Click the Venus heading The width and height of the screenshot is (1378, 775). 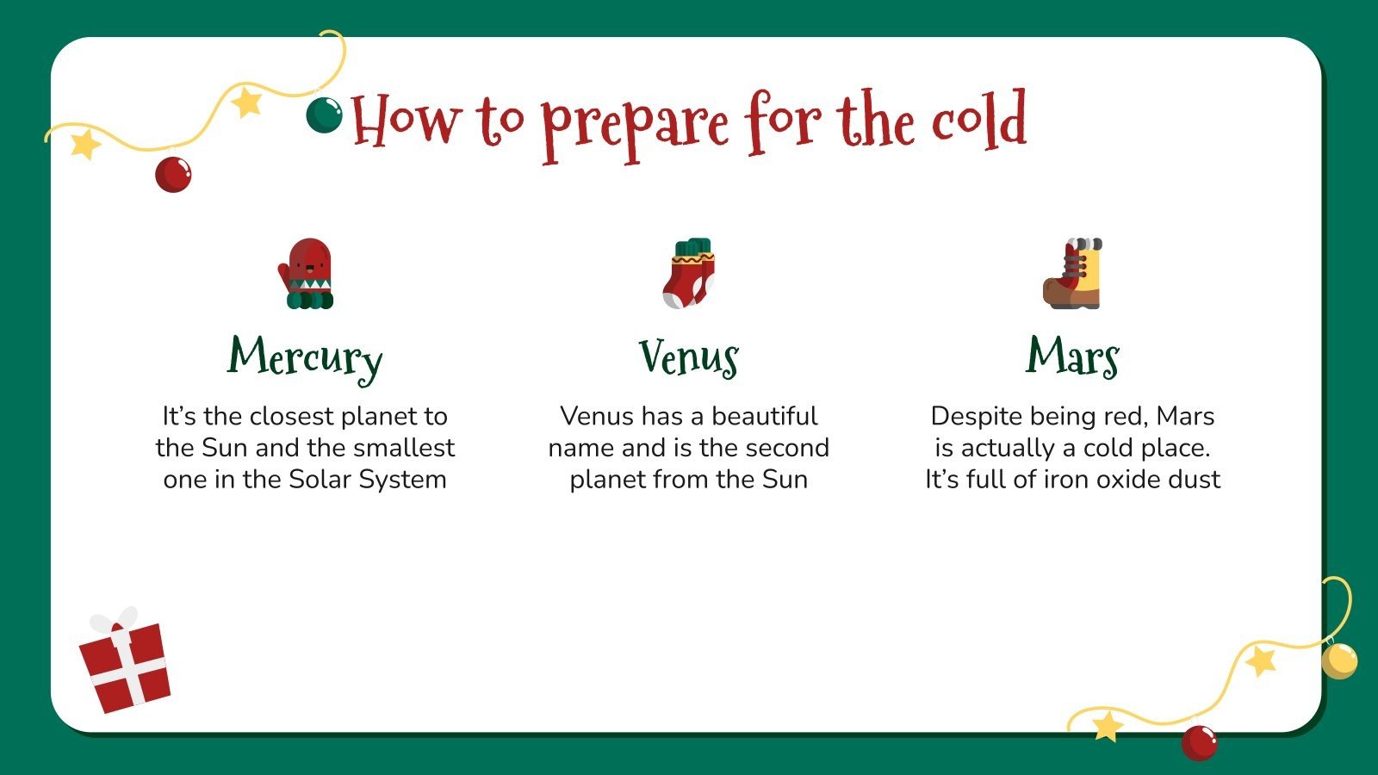click(688, 357)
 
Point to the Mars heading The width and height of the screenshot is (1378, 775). click(1072, 356)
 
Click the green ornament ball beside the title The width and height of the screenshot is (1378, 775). click(324, 115)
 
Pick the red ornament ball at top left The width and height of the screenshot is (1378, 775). click(173, 174)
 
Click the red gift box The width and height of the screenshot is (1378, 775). click(127, 667)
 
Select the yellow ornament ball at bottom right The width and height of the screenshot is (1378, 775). click(1338, 660)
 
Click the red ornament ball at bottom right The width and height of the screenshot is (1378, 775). click(1199, 742)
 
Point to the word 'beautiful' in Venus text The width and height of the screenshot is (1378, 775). click(764, 416)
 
